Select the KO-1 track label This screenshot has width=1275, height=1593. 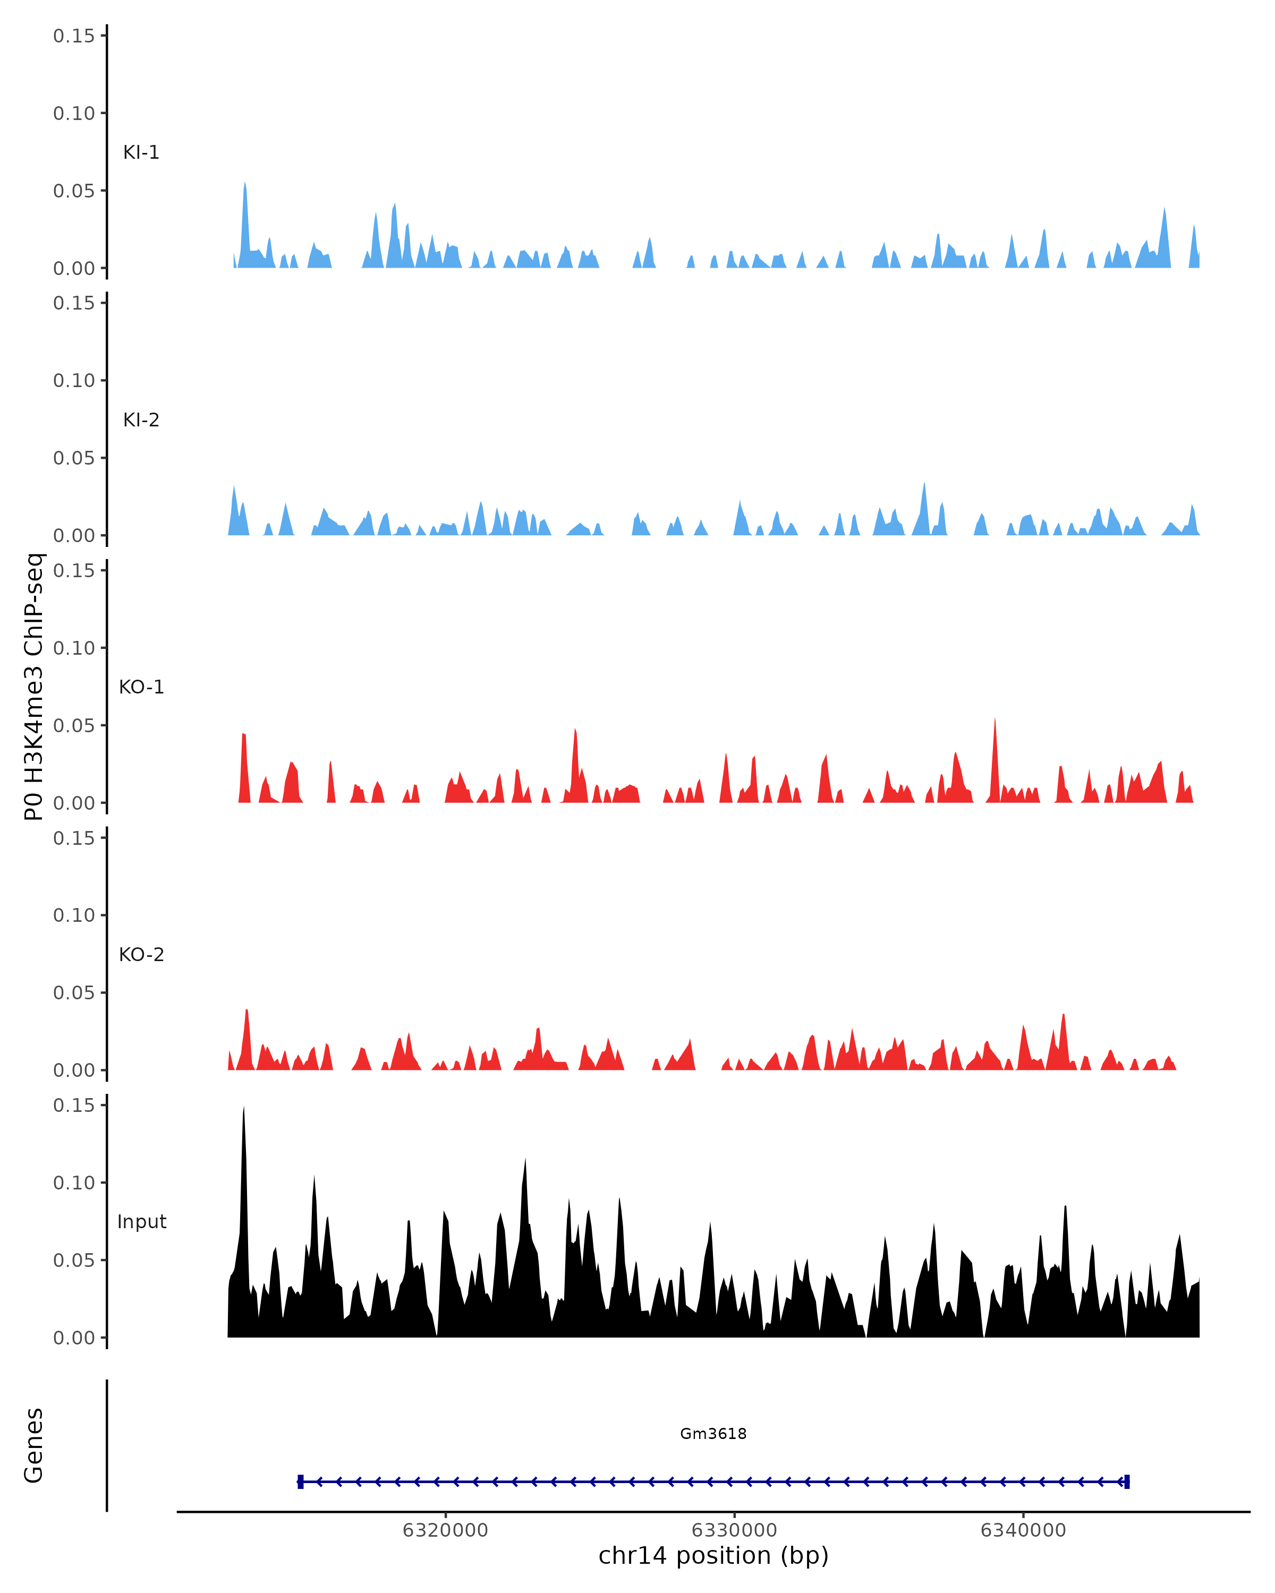141,687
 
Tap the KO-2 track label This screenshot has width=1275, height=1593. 141,955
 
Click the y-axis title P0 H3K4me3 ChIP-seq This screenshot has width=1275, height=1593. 34,687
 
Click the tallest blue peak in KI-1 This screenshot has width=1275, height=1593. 245,185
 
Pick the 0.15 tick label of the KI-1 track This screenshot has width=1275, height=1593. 74,36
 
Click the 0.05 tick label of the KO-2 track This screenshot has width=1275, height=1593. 74,992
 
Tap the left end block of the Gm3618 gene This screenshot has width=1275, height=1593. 300,1481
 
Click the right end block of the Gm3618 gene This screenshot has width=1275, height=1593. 1126,1481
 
